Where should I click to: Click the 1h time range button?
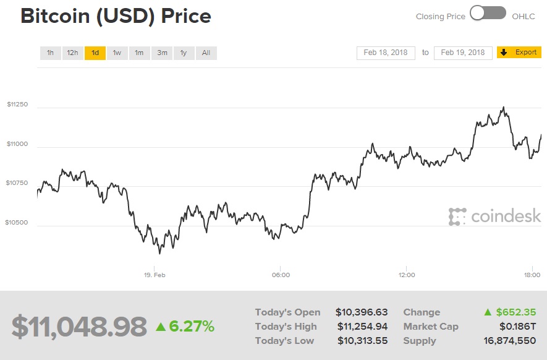tap(50, 53)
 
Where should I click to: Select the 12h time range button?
tap(72, 53)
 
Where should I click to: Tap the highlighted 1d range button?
tap(95, 53)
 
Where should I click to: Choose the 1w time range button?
tap(117, 53)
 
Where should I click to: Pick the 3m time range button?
tap(162, 53)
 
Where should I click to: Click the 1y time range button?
tap(184, 53)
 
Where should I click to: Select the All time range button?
tap(206, 53)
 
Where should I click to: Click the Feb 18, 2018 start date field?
tap(386, 53)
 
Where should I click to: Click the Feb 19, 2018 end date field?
tap(463, 53)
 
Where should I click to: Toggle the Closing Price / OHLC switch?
tap(488, 13)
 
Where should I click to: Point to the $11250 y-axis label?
tap(17, 105)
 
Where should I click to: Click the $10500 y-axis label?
tap(17, 222)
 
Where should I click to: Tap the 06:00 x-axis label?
tap(281, 275)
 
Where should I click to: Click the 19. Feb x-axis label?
tap(155, 275)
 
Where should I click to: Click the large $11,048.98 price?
tap(79, 327)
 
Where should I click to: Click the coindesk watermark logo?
tap(494, 216)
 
